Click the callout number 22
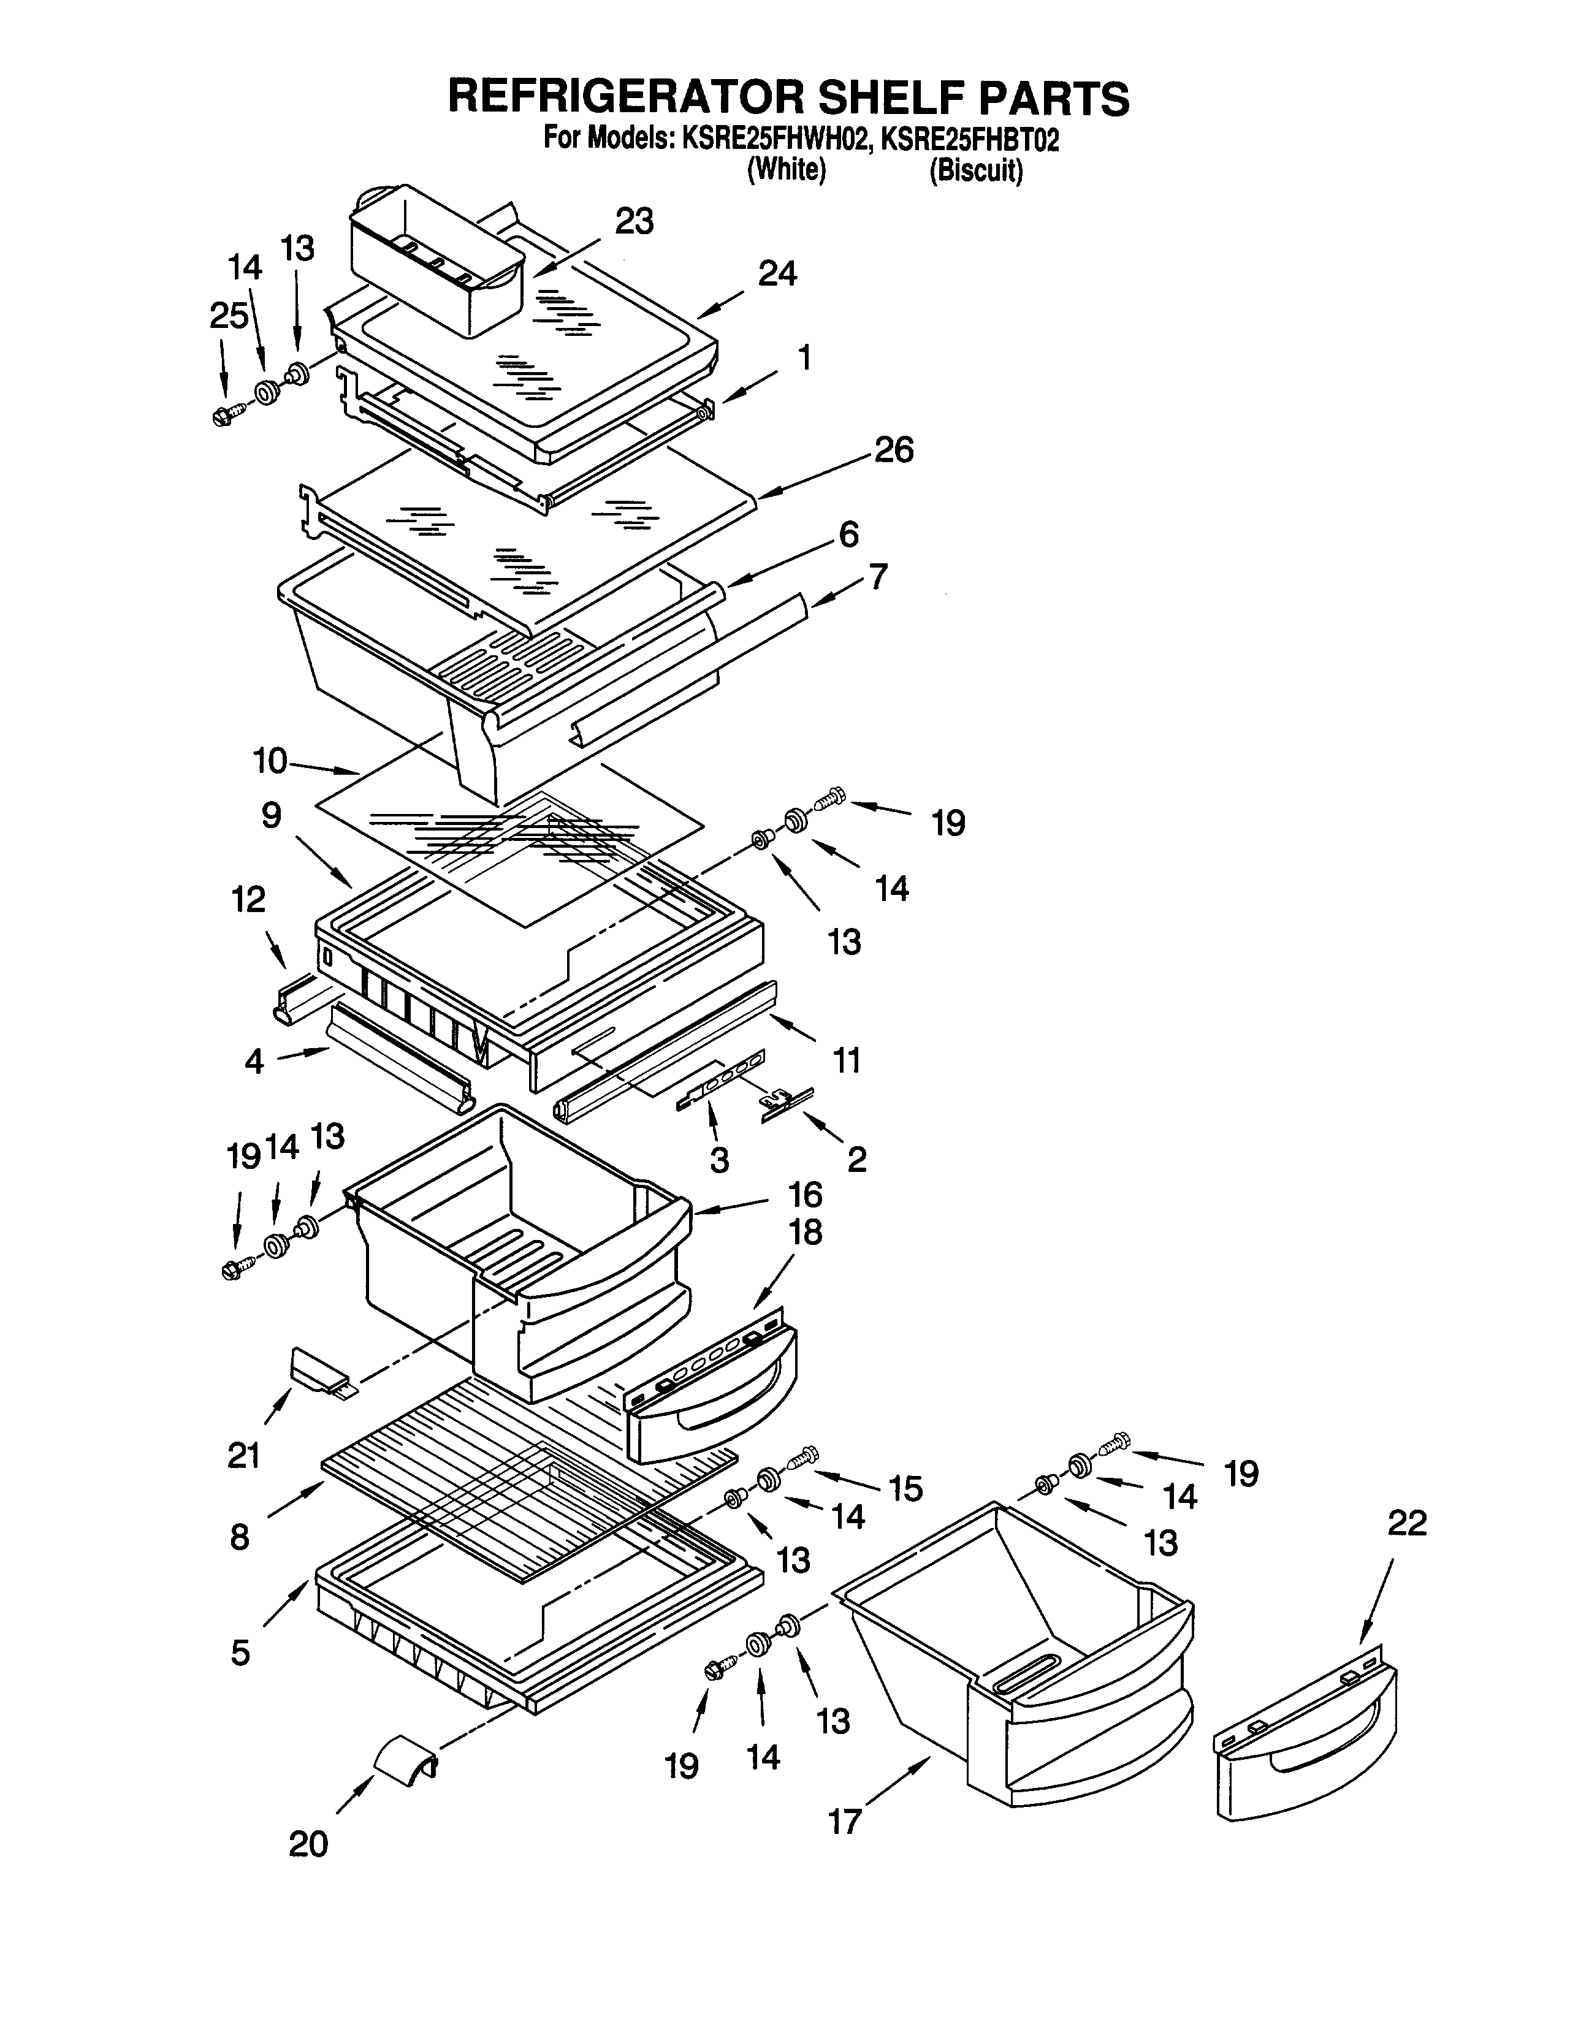point(1406,1523)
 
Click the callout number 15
point(904,1488)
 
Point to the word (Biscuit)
point(976,172)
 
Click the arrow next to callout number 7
point(837,593)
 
